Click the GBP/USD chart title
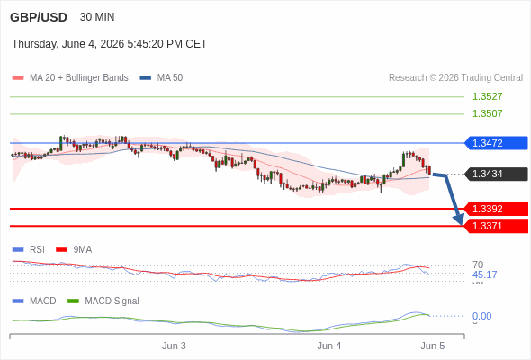point(39,17)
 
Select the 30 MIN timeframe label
point(97,17)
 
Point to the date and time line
point(110,44)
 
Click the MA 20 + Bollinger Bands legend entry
point(70,78)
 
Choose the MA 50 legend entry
point(161,78)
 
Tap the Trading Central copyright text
point(455,78)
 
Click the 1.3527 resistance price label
point(487,96)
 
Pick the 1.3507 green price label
point(487,113)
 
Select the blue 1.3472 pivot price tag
point(496,143)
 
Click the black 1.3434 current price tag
point(496,174)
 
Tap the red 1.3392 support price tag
point(496,209)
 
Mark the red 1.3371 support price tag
point(496,226)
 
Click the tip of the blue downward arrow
point(462,225)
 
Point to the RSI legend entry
point(29,250)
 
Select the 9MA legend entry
point(74,250)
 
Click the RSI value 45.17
point(484,274)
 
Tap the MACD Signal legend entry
point(103,301)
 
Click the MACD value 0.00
point(481,316)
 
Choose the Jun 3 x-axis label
point(174,346)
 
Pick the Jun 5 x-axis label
point(433,346)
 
